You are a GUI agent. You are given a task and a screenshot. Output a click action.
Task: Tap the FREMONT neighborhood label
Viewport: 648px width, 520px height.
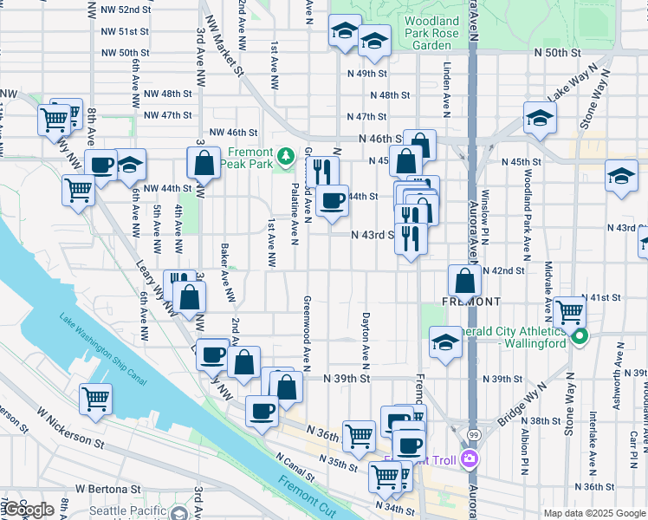pos(471,301)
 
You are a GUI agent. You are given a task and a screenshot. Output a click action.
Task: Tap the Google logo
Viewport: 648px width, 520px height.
pos(28,510)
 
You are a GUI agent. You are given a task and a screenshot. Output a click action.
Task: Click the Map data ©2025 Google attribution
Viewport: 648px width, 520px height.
pos(595,513)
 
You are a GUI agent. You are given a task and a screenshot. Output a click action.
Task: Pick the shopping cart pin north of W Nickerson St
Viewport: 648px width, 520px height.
pos(95,399)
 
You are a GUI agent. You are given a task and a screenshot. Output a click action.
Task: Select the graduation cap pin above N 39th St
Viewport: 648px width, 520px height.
pos(445,341)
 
